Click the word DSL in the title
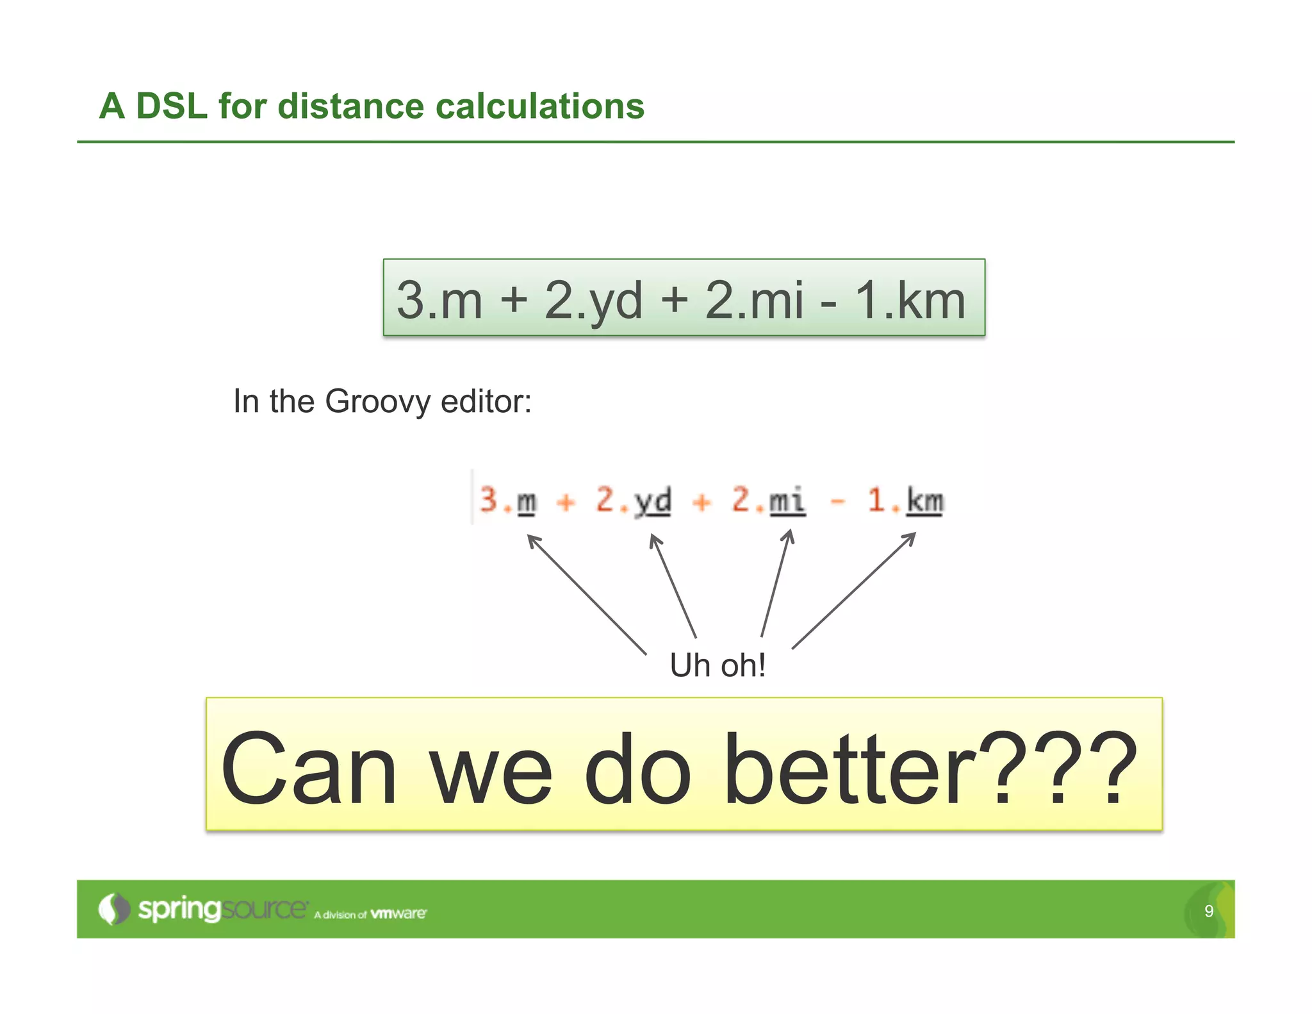coord(172,106)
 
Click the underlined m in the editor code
coord(527,501)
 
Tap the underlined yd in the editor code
coord(653,501)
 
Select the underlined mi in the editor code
coord(787,501)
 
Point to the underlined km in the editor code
coord(924,501)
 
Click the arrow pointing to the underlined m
coord(586,594)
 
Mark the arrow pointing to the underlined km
coord(854,590)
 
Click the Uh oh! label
coord(717,665)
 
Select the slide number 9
coord(1208,911)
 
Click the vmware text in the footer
coord(398,913)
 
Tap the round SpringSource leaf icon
coord(113,909)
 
